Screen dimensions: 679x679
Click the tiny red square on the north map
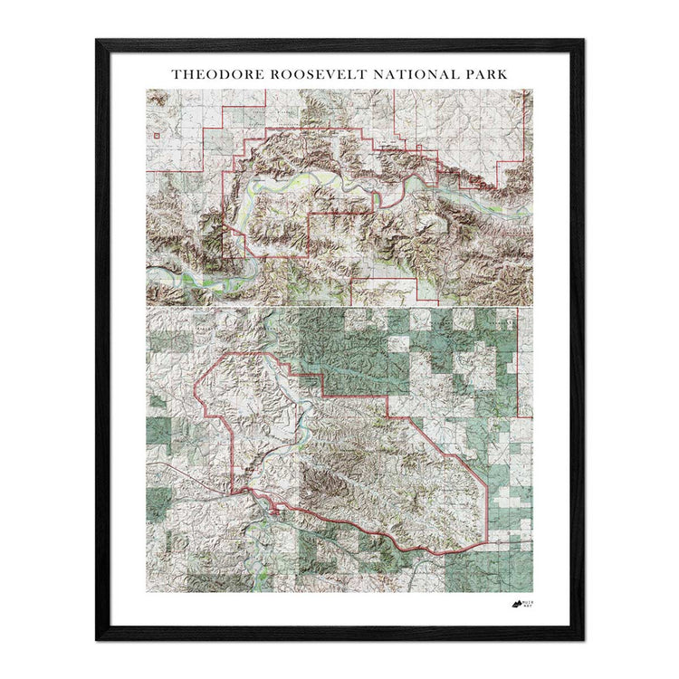157,136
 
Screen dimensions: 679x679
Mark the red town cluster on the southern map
273,513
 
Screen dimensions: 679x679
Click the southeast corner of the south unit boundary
487,544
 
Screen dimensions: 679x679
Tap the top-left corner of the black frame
98,42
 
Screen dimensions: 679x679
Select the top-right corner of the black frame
581,42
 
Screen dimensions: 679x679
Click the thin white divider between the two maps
339,306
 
